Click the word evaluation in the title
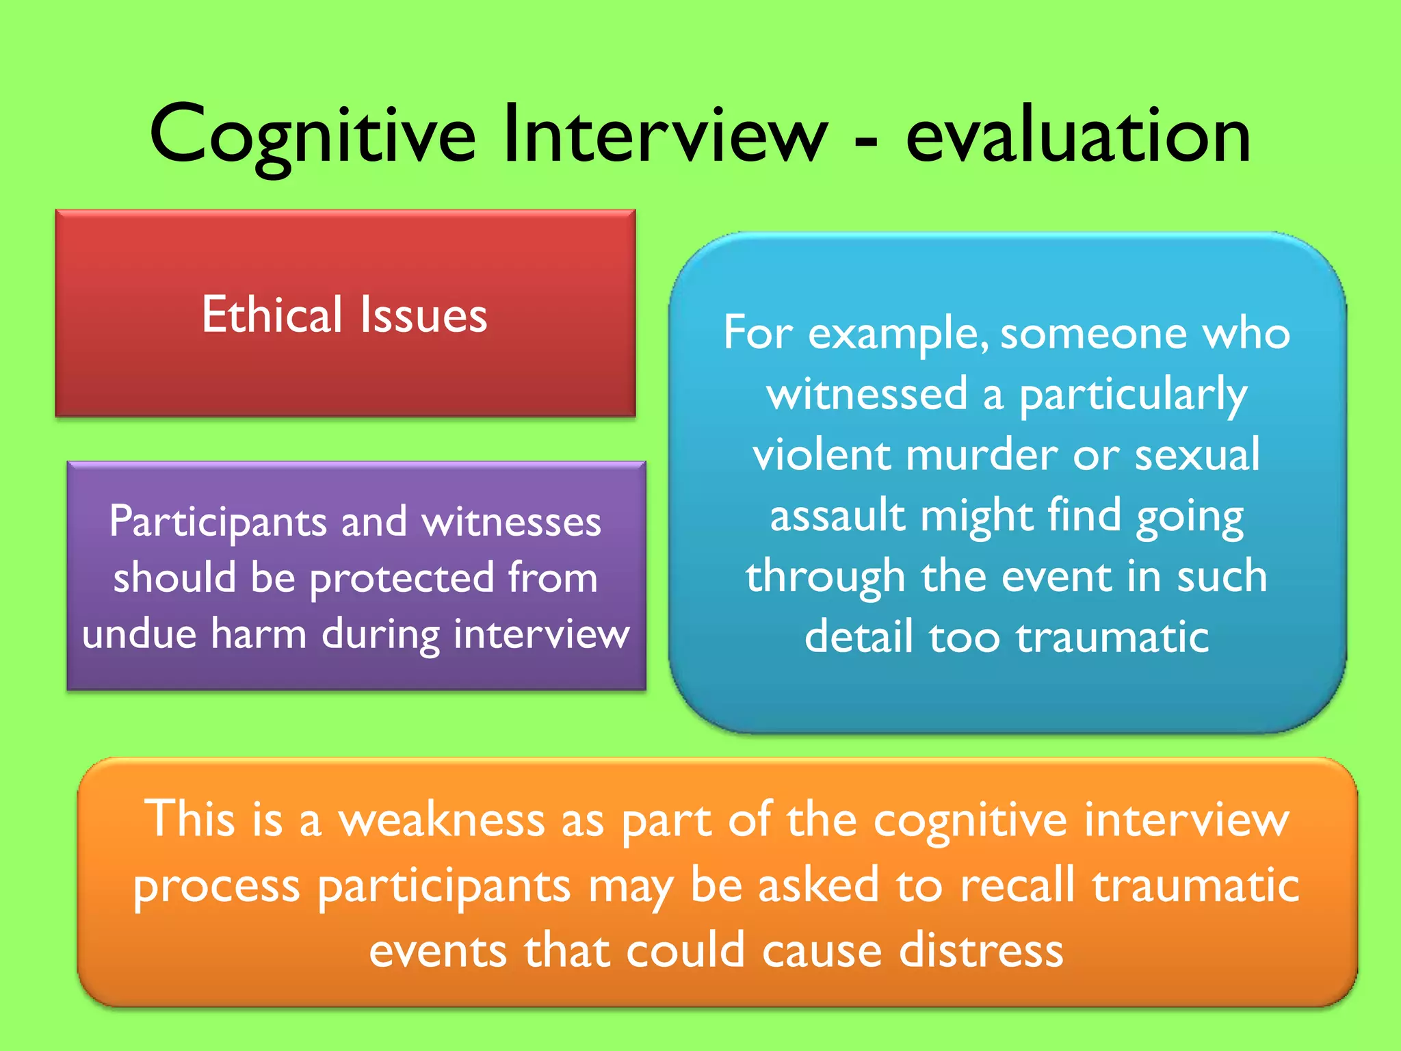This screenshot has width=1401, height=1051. pos(1078,135)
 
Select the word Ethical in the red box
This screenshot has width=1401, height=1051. pos(272,315)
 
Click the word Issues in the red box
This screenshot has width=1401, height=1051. pos(423,315)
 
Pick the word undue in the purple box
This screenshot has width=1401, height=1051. pos(139,634)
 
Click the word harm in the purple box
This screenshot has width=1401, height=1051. pos(259,634)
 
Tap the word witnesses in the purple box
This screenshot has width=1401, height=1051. pos(511,522)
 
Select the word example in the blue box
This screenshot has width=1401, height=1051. pos(898,335)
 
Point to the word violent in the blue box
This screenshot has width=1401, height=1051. pos(822,455)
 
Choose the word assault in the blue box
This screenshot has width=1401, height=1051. pos(837,516)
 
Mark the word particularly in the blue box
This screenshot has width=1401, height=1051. pos(1133,395)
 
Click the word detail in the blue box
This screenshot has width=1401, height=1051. pos(859,637)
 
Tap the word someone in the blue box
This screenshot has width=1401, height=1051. pos(1093,334)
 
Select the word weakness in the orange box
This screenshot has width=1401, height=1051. pos(441,820)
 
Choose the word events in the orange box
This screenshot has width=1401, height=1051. pos(438,951)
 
